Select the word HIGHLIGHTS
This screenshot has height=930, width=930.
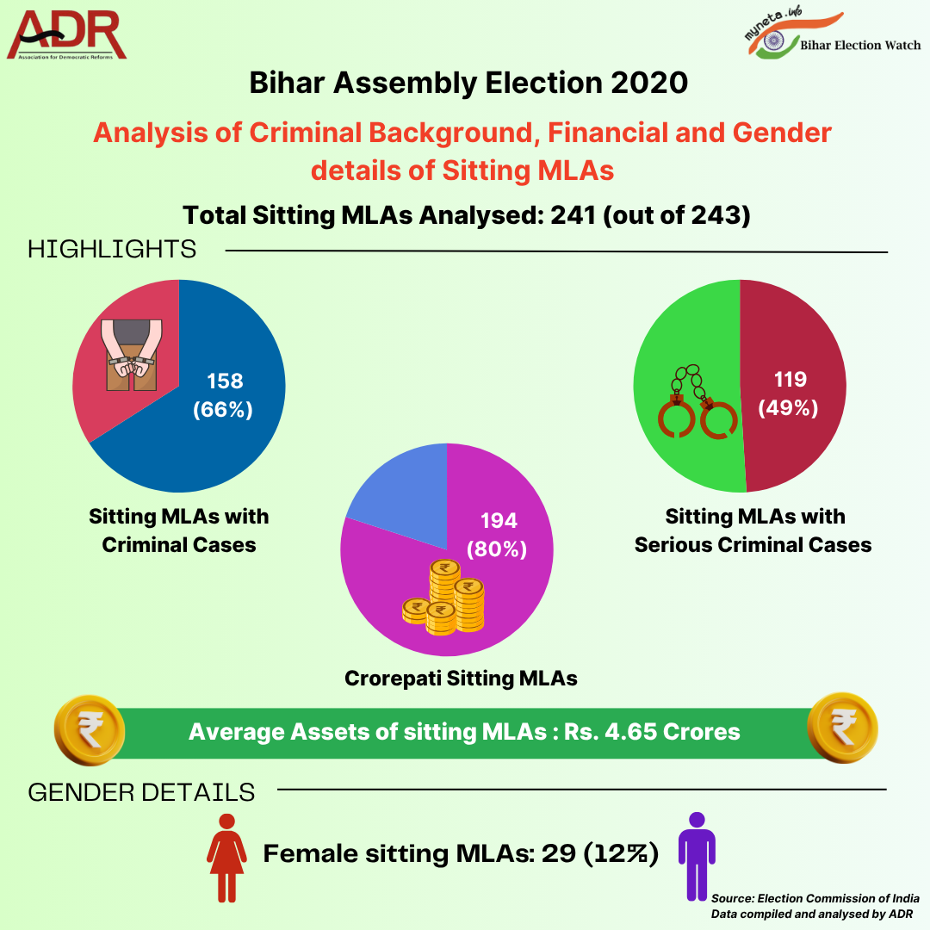[x=112, y=250]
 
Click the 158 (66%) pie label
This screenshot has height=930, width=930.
[x=223, y=395]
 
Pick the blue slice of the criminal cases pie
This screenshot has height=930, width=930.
[x=232, y=448]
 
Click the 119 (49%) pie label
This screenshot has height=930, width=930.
[x=788, y=394]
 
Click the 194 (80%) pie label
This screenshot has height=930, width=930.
[x=495, y=534]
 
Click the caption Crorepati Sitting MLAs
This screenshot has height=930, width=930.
[x=461, y=678]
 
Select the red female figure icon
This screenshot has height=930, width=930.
[x=227, y=856]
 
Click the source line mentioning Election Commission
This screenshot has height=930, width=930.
[x=815, y=897]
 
